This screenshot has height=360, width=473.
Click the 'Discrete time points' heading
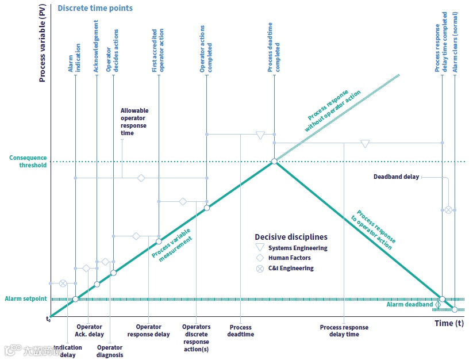coord(95,8)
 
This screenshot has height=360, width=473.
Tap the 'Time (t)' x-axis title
coord(449,323)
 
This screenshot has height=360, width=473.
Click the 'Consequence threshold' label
coord(28,162)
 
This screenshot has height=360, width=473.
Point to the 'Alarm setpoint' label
coord(26,299)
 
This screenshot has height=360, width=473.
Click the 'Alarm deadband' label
coord(409,305)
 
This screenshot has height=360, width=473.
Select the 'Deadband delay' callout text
coord(396,177)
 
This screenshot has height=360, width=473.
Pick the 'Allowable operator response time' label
coord(134,122)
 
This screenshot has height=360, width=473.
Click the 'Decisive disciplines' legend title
coord(291,237)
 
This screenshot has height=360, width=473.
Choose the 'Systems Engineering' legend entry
coord(298,248)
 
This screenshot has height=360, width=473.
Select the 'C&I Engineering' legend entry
coord(291,268)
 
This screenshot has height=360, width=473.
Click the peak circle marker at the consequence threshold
coord(274,162)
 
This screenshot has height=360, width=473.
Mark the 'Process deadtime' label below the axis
coord(240,331)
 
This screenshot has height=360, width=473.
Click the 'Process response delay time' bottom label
coord(344,331)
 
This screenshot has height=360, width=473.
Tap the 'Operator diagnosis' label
coord(109,351)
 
